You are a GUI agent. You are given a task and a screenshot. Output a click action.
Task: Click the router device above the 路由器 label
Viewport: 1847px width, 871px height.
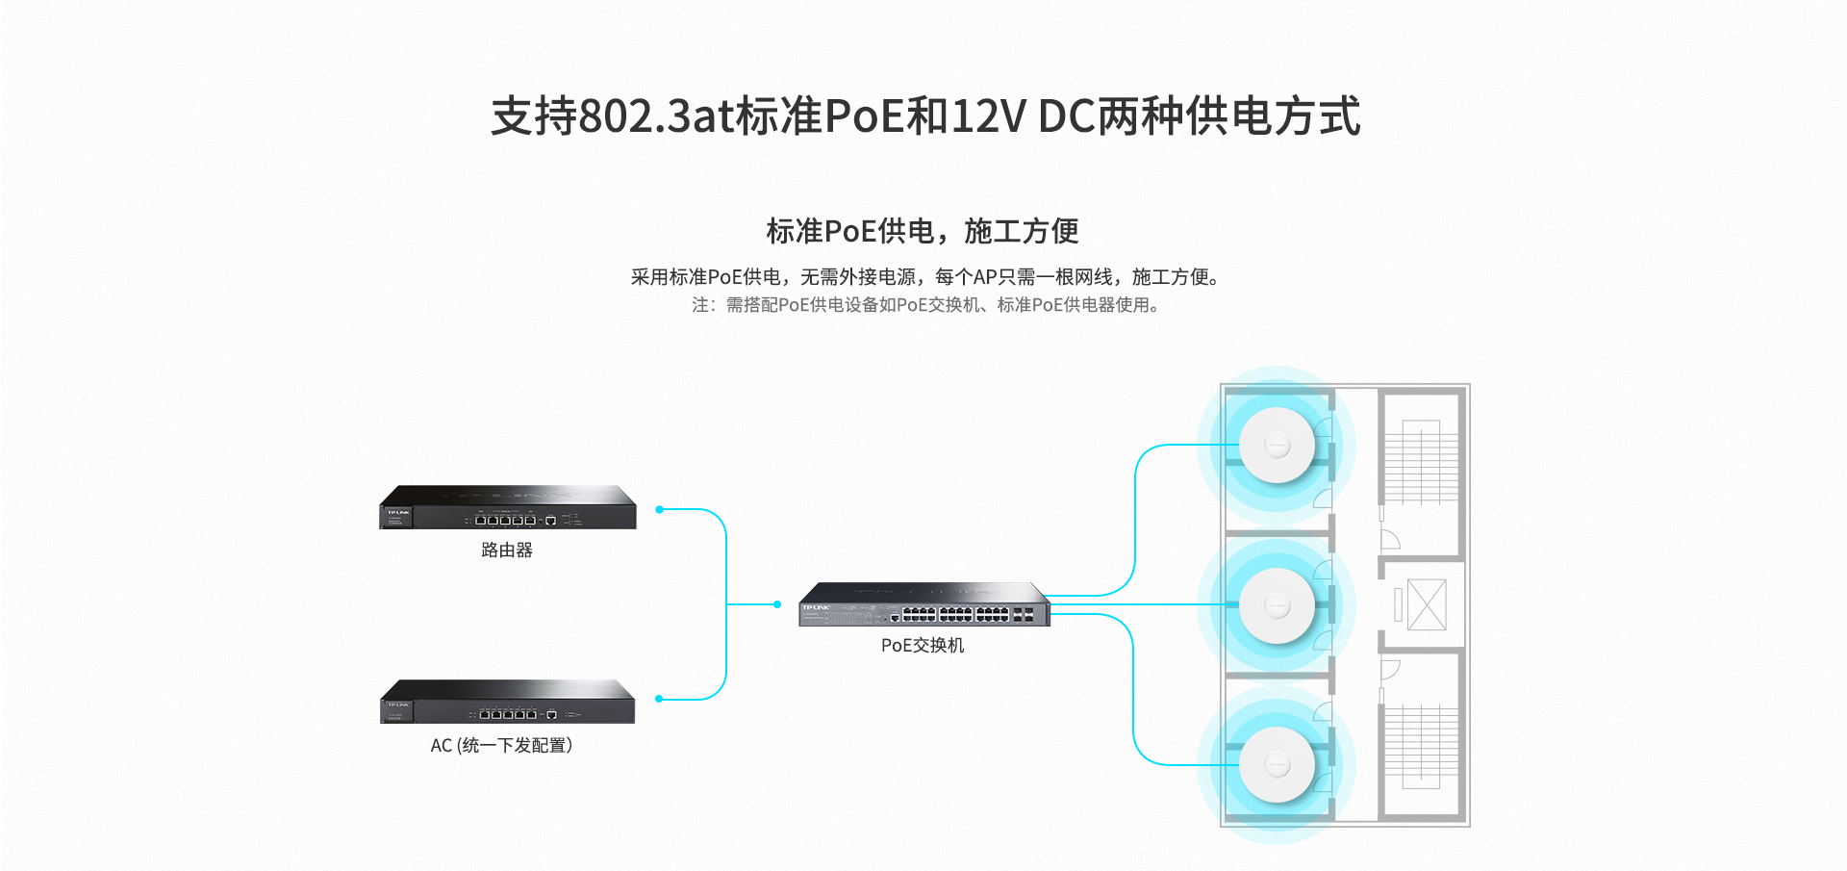pyautogui.click(x=508, y=507)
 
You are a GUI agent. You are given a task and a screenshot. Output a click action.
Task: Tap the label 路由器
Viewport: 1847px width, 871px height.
pyautogui.click(x=507, y=551)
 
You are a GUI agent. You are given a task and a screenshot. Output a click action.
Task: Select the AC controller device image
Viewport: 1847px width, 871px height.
pyautogui.click(x=508, y=702)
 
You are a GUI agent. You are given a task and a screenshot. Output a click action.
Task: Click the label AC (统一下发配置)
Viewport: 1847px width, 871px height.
pyautogui.click(x=501, y=746)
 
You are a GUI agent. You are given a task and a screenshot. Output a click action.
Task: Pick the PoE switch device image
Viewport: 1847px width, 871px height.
pyautogui.click(x=924, y=604)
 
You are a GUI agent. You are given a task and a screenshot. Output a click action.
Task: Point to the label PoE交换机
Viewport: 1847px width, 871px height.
pyautogui.click(x=923, y=646)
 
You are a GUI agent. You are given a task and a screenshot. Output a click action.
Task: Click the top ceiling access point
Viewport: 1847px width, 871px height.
pyautogui.click(x=1277, y=445)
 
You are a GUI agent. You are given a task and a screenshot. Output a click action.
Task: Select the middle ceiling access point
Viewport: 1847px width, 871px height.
pyautogui.click(x=1277, y=605)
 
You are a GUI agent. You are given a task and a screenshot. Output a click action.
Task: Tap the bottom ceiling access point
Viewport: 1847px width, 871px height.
pyautogui.click(x=1277, y=765)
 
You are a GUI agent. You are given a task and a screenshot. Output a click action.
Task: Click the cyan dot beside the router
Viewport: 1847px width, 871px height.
pyautogui.click(x=659, y=509)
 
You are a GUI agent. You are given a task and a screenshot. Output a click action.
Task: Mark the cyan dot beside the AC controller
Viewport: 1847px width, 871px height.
pyautogui.click(x=659, y=699)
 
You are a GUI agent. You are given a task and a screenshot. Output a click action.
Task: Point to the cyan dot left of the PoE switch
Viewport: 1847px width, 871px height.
pyautogui.click(x=777, y=604)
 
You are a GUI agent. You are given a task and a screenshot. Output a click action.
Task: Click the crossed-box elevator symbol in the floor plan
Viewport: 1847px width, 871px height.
pyautogui.click(x=1427, y=604)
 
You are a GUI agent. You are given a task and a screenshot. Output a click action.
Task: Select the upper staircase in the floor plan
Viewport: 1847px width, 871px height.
pyautogui.click(x=1421, y=462)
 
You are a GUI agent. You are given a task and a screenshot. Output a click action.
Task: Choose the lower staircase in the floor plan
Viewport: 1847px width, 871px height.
pyautogui.click(x=1421, y=747)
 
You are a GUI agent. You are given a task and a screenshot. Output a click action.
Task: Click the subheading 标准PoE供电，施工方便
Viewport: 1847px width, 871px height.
pyautogui.click(x=923, y=231)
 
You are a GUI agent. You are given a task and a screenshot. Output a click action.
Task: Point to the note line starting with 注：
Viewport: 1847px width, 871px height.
pyautogui.click(x=925, y=305)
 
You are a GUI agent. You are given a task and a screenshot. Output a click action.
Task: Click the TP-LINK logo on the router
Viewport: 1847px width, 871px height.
pyautogui.click(x=398, y=513)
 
